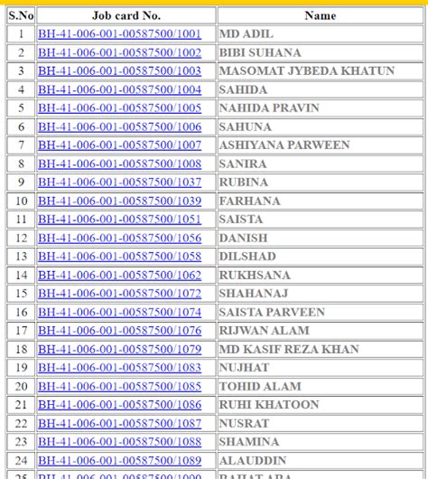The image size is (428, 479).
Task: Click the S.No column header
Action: pos(21,15)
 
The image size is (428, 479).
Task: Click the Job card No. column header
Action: pos(126,15)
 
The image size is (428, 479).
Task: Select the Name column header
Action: pos(320,15)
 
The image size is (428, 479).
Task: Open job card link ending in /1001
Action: pos(119,34)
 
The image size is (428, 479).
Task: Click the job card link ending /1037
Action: pos(119,183)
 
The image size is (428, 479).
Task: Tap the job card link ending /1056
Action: pos(119,238)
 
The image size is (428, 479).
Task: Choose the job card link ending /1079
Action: pos(119,349)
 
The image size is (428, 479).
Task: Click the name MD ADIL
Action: pos(247,34)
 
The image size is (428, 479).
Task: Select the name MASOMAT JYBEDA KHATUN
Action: pos(307,71)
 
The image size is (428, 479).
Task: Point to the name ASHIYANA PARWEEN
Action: pos(273,146)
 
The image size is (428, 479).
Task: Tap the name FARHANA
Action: pos(250,201)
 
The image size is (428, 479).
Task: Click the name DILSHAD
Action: pos(248,257)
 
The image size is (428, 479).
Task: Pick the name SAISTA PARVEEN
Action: pos(271,312)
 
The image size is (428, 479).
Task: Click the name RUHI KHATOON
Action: pos(269,405)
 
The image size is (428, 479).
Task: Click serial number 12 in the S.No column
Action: pos(21,238)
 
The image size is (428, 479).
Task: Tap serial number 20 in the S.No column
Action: pos(21,386)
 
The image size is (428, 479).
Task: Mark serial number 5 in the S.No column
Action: pos(21,108)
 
